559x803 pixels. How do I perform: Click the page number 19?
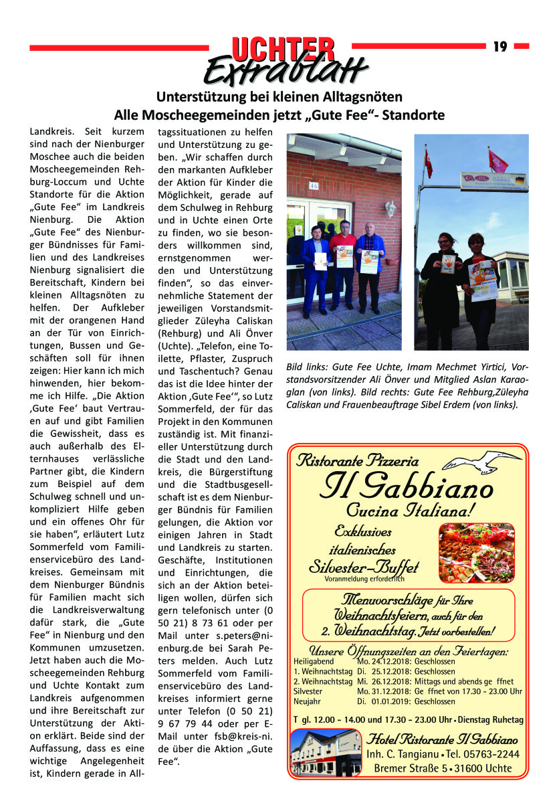[x=500, y=46]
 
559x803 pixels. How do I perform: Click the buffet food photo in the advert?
[x=476, y=552]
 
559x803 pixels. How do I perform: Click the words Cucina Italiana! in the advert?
[x=411, y=510]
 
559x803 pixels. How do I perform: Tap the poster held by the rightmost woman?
[x=483, y=279]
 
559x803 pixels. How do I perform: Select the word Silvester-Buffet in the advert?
[x=364, y=567]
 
